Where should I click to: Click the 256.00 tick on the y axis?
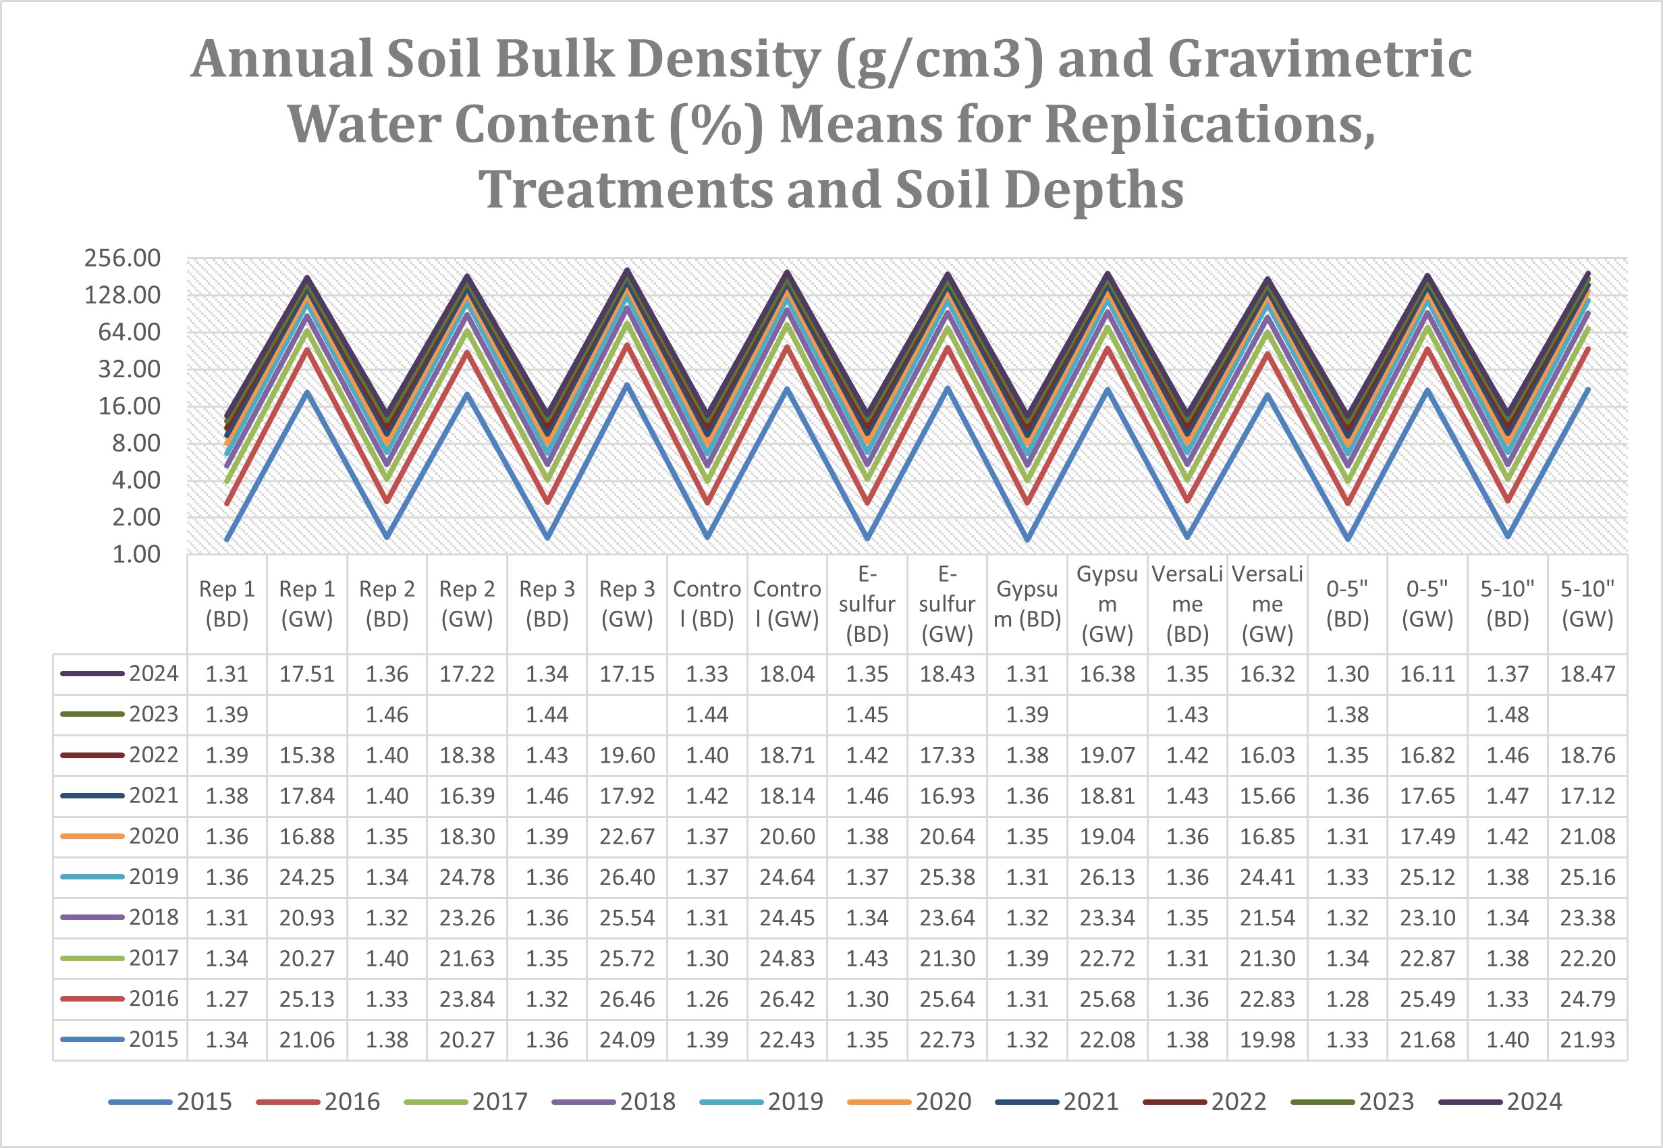[x=122, y=258]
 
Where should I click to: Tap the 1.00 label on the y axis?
[x=136, y=555]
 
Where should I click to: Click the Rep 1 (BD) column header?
[x=227, y=604]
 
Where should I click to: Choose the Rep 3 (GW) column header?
[x=626, y=604]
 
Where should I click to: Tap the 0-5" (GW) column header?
[x=1427, y=604]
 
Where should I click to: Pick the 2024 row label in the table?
[x=153, y=674]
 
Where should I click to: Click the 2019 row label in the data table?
[x=153, y=877]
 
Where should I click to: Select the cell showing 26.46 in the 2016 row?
[x=626, y=999]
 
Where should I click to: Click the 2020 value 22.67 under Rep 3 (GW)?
[x=626, y=837]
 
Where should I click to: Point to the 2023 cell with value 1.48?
[x=1507, y=715]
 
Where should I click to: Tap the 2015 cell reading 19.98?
[x=1267, y=1039]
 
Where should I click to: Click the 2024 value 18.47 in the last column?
[x=1587, y=674]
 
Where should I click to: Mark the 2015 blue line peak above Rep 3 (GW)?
[x=626, y=385]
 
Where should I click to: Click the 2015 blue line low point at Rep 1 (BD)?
[x=227, y=539]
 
